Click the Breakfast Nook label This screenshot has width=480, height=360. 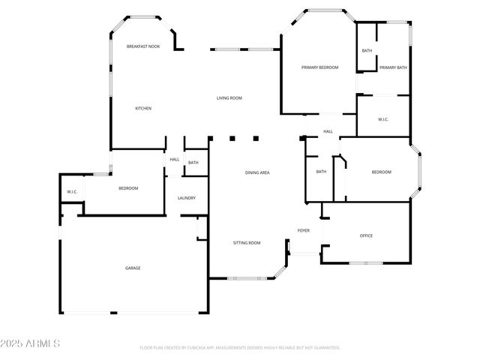[143, 46]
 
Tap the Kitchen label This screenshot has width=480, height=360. [143, 109]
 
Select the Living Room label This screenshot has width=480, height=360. [229, 98]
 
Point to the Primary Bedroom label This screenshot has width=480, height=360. [320, 67]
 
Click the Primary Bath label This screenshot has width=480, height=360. [393, 67]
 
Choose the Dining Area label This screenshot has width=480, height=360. [257, 173]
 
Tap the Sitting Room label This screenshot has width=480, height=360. [247, 243]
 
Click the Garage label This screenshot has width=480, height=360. [133, 268]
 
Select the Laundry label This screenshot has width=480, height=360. [187, 198]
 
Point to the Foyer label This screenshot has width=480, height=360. [304, 230]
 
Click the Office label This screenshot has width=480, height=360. [366, 235]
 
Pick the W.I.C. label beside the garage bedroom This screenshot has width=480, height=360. [73, 192]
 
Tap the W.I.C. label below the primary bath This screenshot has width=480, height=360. [382, 119]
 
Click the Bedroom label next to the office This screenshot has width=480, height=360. [382, 172]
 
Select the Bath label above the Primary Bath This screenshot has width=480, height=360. [367, 51]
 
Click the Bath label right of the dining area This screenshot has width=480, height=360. [321, 172]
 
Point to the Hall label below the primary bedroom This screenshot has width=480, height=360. [328, 132]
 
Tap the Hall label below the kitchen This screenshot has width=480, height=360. [175, 159]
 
